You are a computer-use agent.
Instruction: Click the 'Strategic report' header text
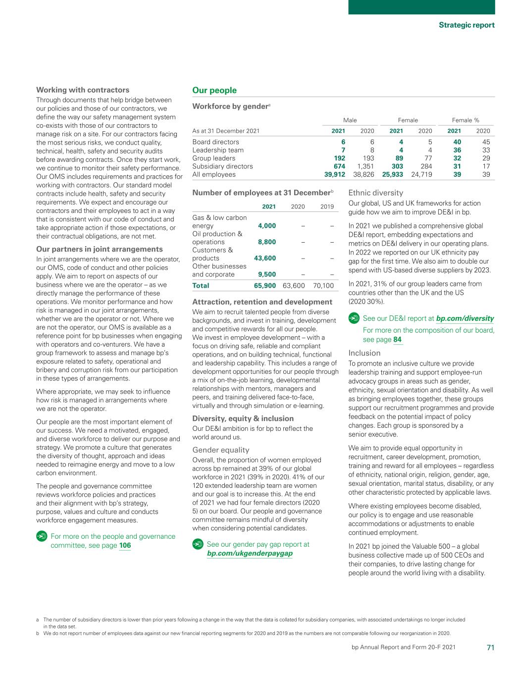pos(466,25)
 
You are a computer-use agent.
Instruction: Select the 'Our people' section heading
pos(214,90)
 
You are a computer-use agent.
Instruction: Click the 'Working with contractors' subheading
pos(83,90)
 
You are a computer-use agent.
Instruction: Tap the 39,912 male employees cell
pos(331,174)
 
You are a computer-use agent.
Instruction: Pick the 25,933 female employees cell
pos(392,174)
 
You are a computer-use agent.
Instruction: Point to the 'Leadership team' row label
pos(218,150)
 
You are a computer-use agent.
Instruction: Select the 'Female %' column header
pos(466,120)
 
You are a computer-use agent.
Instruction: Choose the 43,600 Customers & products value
pos(265,258)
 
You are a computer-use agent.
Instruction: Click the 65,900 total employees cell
pos(265,285)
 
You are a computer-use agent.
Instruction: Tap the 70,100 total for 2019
pos(323,285)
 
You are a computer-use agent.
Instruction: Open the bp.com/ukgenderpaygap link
pos(249,553)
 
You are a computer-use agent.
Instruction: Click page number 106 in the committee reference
pos(125,545)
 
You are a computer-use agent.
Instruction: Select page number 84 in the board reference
pos(397,340)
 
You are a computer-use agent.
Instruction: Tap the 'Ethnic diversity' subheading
pos(375,193)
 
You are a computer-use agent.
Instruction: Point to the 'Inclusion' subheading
pos(364,353)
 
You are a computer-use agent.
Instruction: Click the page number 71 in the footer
pos(490,647)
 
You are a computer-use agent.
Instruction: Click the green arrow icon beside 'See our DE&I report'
pos(354,318)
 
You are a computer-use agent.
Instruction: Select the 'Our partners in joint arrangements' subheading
pos(100,249)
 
